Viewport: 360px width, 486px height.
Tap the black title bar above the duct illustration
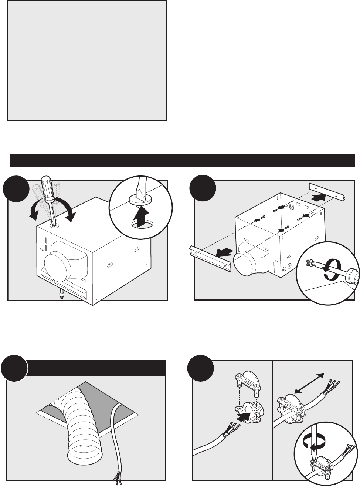point(96,367)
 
